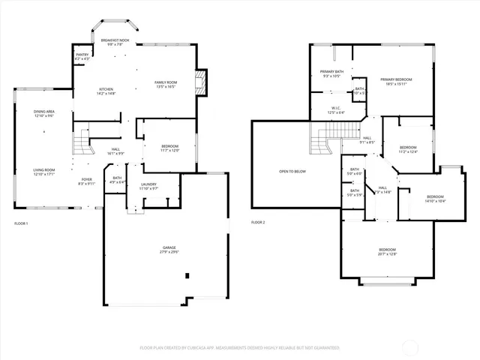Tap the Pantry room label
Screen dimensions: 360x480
click(82, 55)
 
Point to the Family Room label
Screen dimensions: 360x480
click(166, 82)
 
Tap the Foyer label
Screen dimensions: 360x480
click(87, 179)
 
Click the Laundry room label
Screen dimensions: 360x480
click(148, 184)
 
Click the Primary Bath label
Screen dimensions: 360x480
click(332, 71)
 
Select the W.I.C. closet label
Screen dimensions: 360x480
click(337, 108)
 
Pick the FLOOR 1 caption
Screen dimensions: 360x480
click(21, 223)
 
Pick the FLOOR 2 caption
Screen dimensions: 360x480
click(258, 223)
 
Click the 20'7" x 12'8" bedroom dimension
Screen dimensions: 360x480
click(387, 254)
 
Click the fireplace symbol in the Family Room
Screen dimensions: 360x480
click(199, 80)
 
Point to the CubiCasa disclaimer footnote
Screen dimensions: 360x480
click(240, 348)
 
